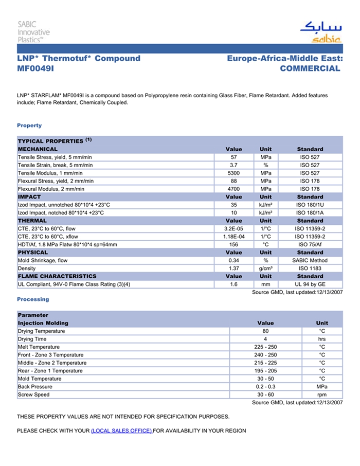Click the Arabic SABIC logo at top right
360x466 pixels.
click(x=320, y=32)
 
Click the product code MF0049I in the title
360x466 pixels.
click(x=35, y=68)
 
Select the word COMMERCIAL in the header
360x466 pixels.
click(x=310, y=68)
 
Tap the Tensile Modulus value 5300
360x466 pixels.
click(x=233, y=173)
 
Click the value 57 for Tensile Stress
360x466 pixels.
click(x=233, y=157)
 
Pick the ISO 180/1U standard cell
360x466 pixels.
click(x=310, y=205)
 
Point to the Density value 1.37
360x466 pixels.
click(x=233, y=268)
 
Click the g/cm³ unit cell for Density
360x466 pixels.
click(x=265, y=268)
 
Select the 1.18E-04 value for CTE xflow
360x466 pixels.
click(x=233, y=237)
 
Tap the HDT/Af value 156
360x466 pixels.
click(x=233, y=244)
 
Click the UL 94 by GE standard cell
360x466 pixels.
click(x=310, y=284)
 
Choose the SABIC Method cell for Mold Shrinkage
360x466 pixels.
click(x=310, y=260)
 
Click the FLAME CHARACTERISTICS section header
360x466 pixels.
click(x=57, y=276)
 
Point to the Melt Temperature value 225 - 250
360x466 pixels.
click(x=265, y=347)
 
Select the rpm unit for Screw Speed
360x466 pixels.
click(x=322, y=395)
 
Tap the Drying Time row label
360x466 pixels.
click(x=32, y=339)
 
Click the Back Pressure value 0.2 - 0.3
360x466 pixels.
click(x=265, y=387)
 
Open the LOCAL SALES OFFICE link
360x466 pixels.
click(x=121, y=431)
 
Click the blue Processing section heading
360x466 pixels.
click(x=33, y=299)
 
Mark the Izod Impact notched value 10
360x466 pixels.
click(x=233, y=212)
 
